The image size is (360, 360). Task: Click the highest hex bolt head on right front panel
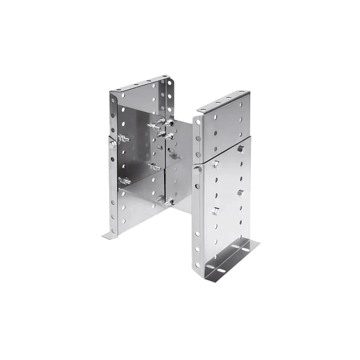[x=241, y=148]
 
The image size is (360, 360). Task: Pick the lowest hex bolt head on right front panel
[x=215, y=211]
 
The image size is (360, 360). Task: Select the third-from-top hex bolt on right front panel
[x=241, y=193]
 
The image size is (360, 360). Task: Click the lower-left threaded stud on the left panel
[x=125, y=179]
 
